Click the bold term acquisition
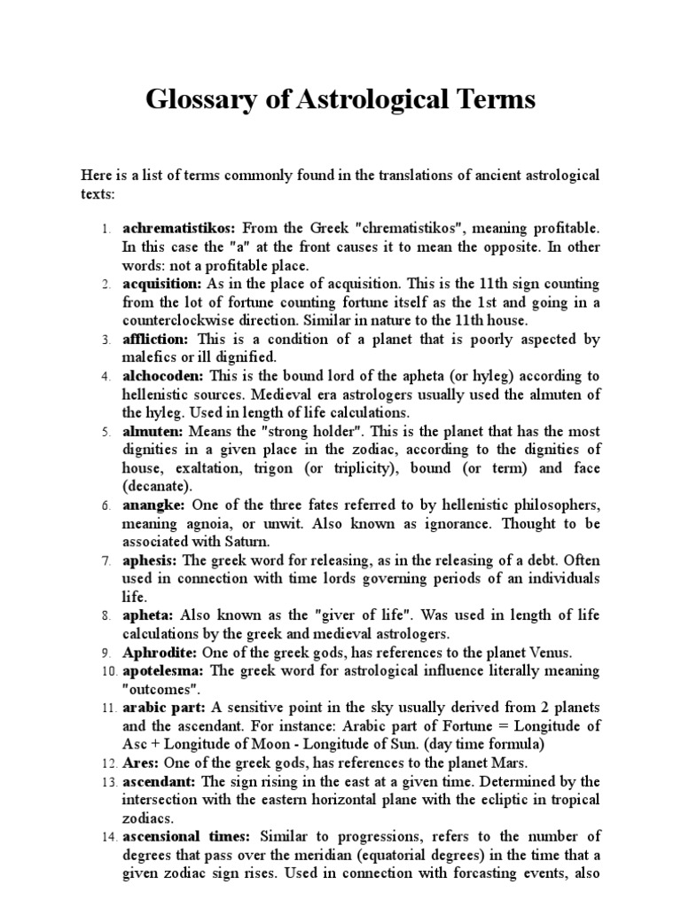point(162,284)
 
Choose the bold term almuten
point(153,431)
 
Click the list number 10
point(104,671)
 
